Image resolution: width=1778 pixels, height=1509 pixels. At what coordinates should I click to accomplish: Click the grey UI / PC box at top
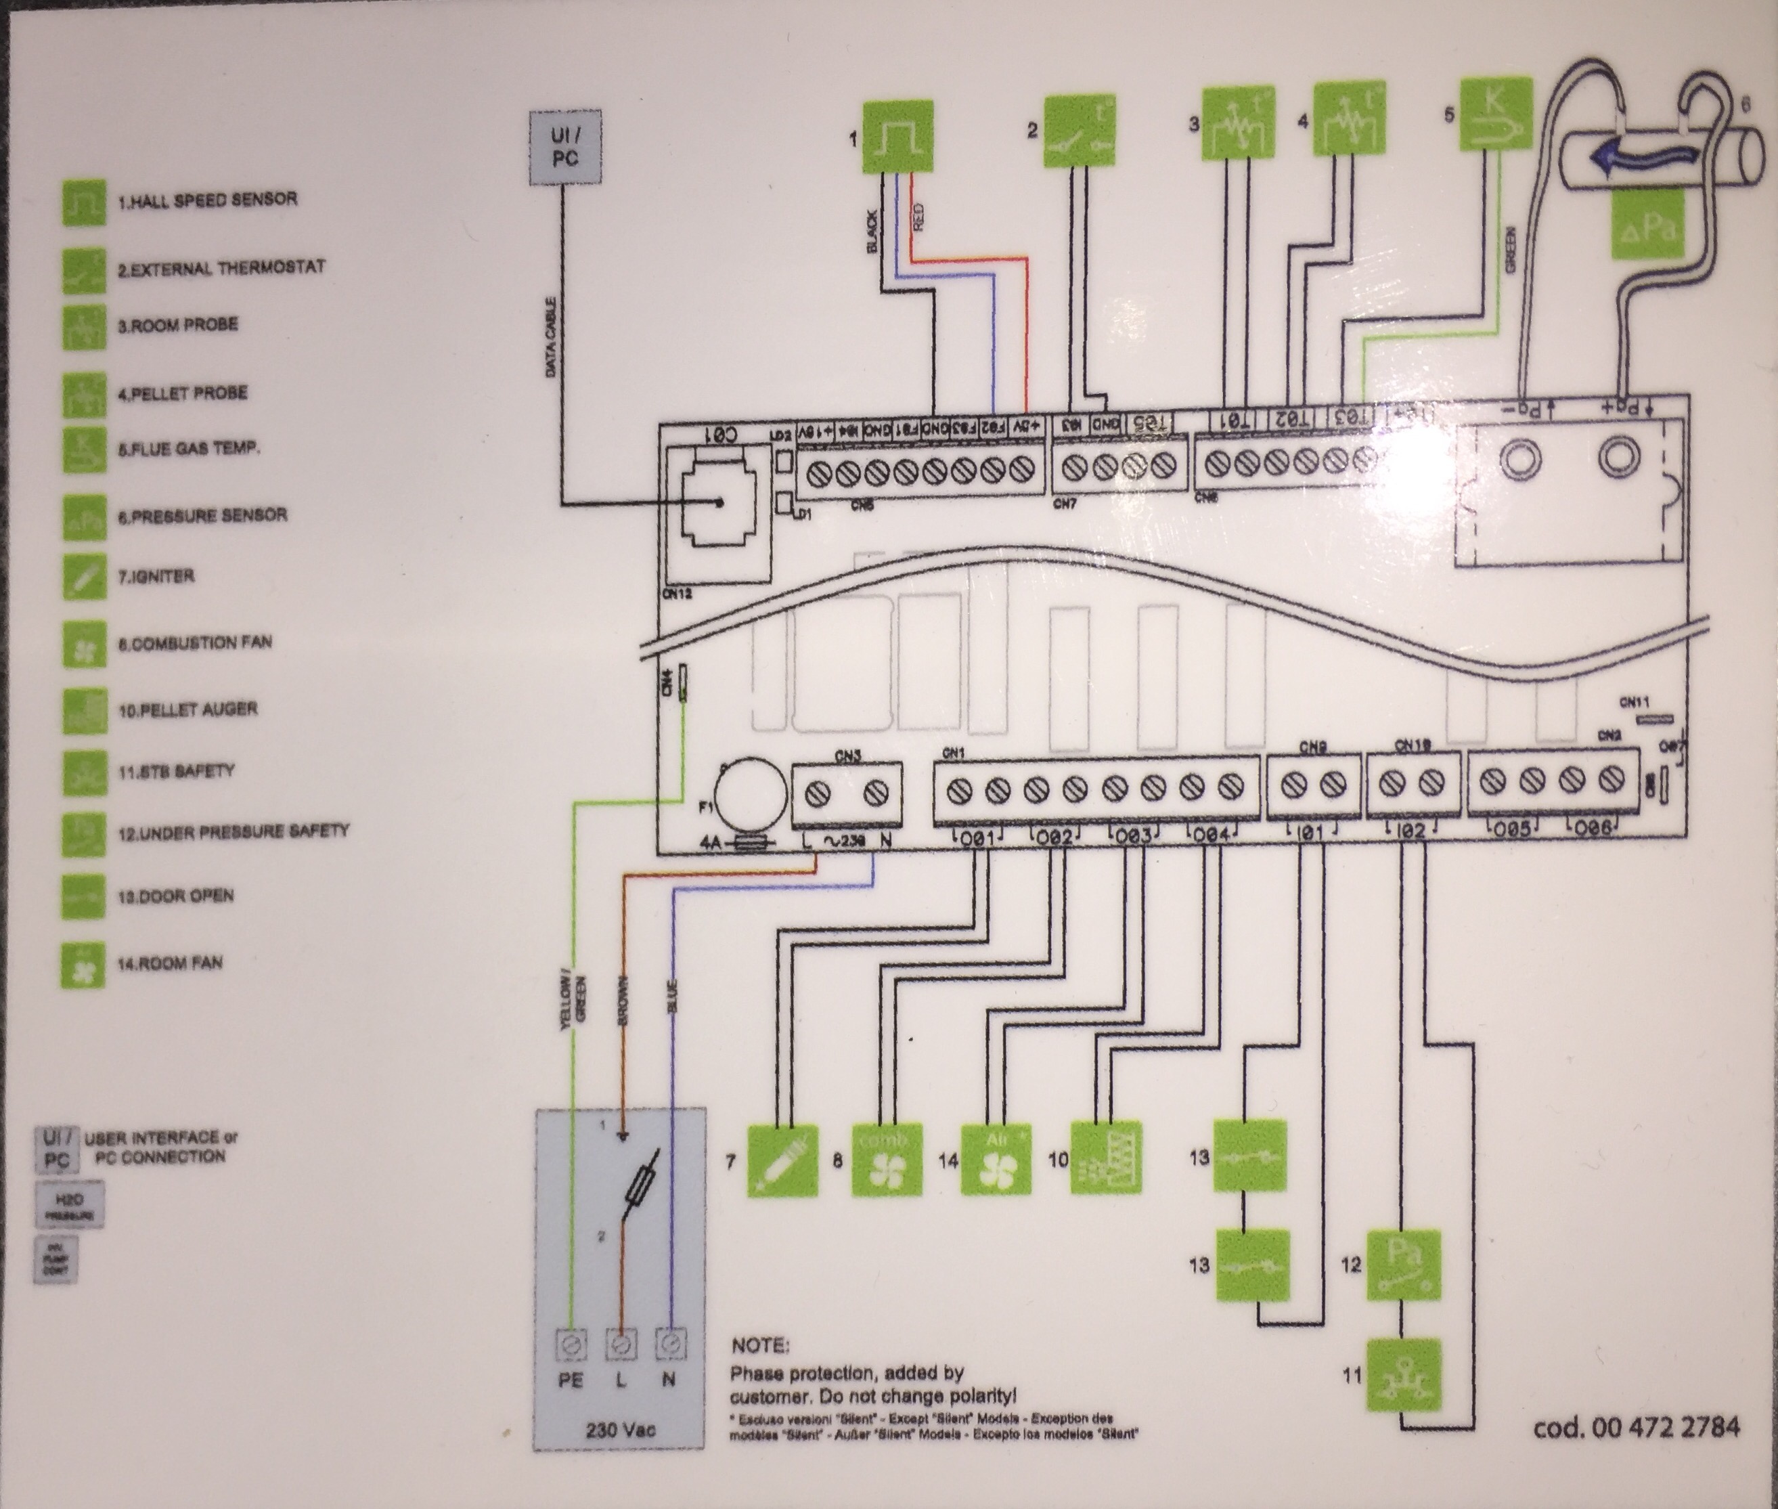tap(565, 147)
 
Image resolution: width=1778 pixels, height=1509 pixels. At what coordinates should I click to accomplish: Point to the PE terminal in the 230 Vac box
tap(571, 1346)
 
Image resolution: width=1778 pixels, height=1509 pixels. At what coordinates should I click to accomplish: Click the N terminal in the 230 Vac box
tap(669, 1346)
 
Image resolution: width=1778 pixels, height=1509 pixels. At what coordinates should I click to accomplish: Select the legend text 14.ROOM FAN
tap(169, 963)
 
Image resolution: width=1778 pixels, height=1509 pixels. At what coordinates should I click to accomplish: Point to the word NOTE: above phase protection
tap(760, 1346)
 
